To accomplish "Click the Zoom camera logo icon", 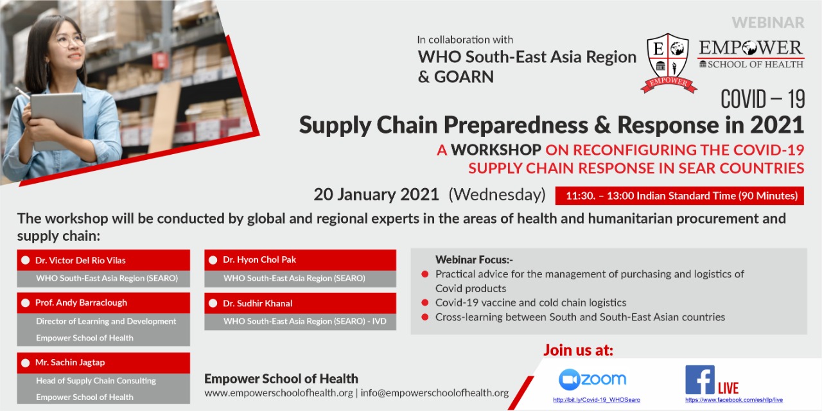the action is tap(569, 380).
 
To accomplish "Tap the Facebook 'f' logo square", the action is tap(700, 380).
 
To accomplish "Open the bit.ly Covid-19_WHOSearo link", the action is tap(597, 399).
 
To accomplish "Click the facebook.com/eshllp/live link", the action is tap(734, 399).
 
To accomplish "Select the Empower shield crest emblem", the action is tap(669, 63).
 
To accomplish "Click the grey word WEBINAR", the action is tap(768, 22).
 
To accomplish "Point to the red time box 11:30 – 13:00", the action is tap(679, 196).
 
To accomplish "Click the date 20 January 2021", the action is tap(376, 195).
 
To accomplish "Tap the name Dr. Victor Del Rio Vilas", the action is tap(80, 260).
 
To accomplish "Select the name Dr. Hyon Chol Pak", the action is tap(259, 259).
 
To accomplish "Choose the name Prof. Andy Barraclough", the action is tap(81, 302).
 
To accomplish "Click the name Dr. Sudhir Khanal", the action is tap(258, 303).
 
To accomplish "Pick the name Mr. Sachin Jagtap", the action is tap(70, 362).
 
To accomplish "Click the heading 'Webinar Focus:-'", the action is tap(474, 260).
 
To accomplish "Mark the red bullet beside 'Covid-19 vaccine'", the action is tap(425, 302).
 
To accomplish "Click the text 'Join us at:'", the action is tap(579, 350).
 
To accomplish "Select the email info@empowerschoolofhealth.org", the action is tap(435, 392).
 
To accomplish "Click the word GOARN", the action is tap(464, 76).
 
